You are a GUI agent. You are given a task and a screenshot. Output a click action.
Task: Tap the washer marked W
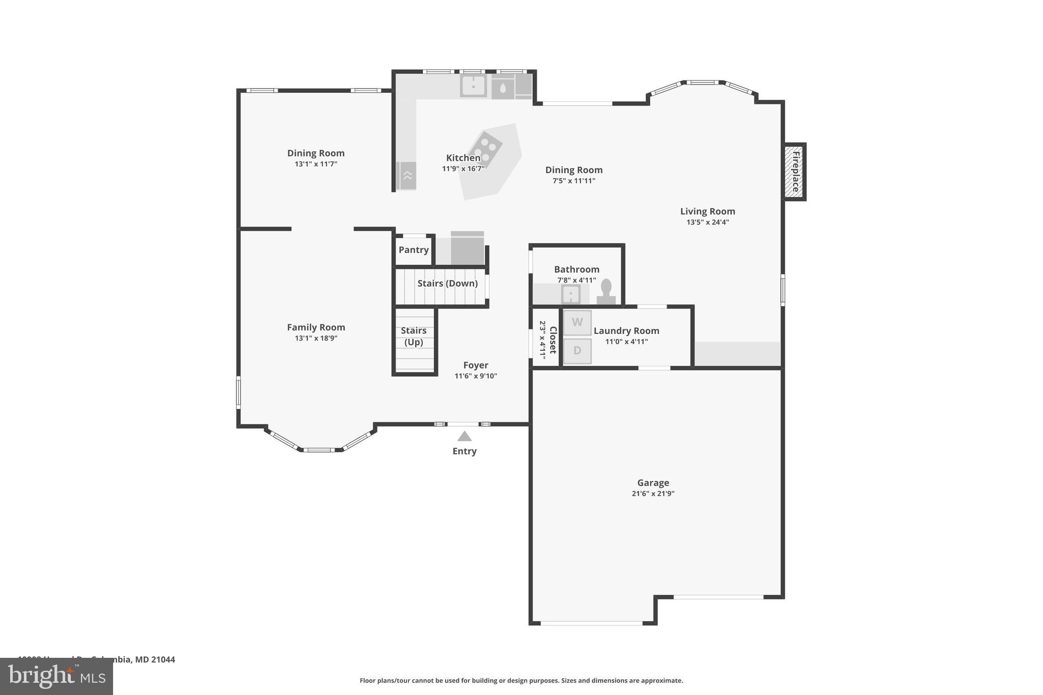click(577, 322)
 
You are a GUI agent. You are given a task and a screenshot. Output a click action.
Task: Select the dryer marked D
click(577, 351)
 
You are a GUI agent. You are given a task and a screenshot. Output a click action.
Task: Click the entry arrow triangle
click(464, 436)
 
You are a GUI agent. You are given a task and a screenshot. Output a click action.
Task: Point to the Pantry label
click(414, 250)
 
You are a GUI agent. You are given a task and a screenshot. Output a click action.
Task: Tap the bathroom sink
click(570, 294)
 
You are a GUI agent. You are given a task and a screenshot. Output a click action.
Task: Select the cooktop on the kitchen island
click(485, 149)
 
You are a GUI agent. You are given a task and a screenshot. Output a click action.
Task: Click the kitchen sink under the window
click(473, 86)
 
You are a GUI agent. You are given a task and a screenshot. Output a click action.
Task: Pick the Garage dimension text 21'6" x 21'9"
click(653, 493)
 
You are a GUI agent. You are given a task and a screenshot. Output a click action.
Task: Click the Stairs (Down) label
click(447, 284)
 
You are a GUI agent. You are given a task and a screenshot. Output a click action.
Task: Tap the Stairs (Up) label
click(414, 336)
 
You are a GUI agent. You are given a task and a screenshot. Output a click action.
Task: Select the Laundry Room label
click(626, 331)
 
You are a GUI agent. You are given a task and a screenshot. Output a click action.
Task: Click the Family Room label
click(316, 327)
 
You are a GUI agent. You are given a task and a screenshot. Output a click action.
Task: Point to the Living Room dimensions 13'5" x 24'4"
click(707, 222)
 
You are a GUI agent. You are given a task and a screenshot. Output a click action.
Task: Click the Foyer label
click(476, 365)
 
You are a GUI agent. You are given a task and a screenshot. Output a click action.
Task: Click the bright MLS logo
click(57, 676)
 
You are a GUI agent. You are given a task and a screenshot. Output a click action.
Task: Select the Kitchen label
click(463, 158)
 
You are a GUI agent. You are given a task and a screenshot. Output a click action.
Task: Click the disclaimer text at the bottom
click(521, 680)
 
